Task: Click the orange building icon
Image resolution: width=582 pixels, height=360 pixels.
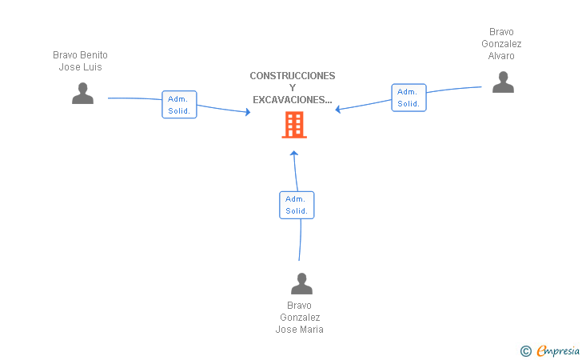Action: [293, 125]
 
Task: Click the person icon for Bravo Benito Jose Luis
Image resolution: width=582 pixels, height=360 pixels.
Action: [82, 94]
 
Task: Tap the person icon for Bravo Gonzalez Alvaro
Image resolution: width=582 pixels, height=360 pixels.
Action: [503, 82]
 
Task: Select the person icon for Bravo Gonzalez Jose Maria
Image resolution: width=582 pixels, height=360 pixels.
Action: [301, 283]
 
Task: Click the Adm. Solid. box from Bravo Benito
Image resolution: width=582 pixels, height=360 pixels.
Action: [179, 105]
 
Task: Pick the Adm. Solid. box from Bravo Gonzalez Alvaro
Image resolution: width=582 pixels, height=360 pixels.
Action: [409, 98]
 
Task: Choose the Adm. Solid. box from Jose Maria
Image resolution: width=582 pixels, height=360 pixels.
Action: [297, 205]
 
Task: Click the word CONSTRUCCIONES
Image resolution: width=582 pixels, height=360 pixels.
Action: [293, 76]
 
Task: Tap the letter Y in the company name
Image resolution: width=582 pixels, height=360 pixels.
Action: [293, 88]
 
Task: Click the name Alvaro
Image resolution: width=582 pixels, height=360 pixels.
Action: [501, 56]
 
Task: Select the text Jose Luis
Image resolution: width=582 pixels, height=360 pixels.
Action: [80, 67]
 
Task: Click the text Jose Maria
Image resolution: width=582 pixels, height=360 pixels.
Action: [299, 330]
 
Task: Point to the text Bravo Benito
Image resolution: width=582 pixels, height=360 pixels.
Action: [80, 55]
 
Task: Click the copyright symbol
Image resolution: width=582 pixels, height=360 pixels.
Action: [525, 350]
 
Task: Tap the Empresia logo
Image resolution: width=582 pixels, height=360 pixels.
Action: [558, 350]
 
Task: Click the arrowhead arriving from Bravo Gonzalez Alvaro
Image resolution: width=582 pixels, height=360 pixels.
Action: [338, 110]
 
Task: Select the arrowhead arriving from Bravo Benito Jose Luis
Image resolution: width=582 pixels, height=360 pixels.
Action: [247, 113]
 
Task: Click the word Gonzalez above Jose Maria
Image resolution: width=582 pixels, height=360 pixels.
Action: [299, 318]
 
